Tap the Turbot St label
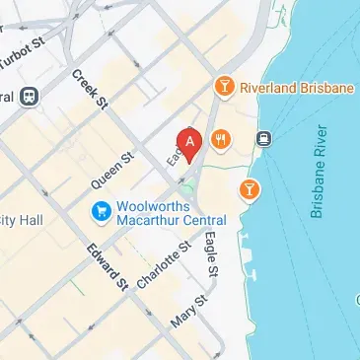coord(22,58)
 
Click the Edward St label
coord(108,265)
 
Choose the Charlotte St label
coord(163,263)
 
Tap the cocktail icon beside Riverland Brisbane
coord(224,88)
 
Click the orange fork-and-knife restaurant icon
coord(219,140)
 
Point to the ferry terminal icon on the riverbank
coord(263,139)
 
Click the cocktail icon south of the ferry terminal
coord(251,187)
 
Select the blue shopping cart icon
coord(101,210)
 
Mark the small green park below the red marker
coord(186,186)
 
